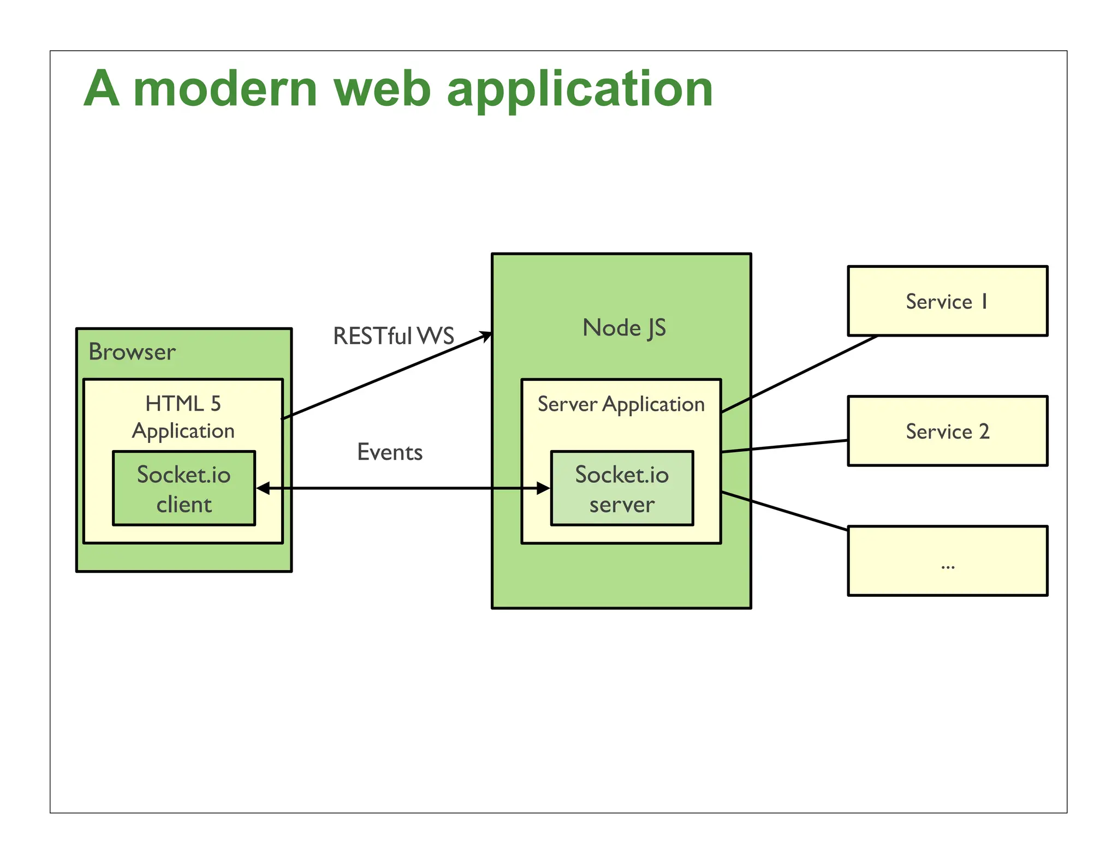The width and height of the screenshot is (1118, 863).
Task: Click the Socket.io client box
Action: [183, 488]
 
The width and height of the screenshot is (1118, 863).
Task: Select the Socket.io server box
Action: [622, 488]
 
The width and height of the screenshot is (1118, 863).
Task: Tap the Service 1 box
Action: [947, 301]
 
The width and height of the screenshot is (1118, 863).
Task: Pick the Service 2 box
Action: [947, 431]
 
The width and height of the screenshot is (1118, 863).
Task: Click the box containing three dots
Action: [947, 561]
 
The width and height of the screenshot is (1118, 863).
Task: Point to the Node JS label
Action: [624, 328]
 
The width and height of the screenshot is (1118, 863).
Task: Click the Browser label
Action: [132, 352]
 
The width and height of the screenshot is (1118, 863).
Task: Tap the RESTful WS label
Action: [393, 336]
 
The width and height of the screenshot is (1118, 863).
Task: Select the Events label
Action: [390, 452]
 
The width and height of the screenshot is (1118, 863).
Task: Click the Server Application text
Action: [621, 404]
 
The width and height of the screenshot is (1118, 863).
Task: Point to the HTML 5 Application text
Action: [183, 417]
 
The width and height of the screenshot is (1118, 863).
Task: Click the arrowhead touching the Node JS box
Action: [485, 336]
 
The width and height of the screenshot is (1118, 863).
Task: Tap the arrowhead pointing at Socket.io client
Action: [263, 488]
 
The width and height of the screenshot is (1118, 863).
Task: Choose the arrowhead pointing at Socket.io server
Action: [543, 488]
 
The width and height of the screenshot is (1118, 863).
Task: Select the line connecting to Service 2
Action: [784, 446]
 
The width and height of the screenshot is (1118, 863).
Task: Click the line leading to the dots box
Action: [784, 511]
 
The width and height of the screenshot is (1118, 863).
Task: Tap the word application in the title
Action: [580, 90]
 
